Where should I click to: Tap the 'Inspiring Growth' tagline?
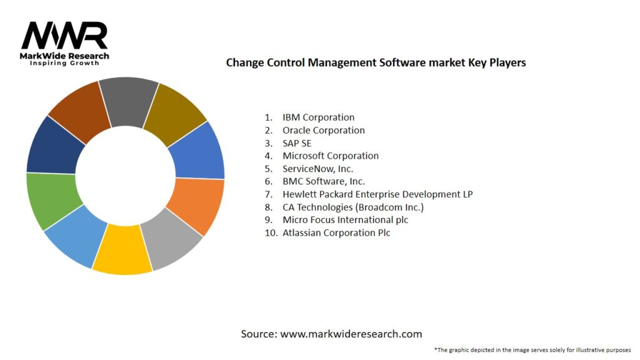[64, 64]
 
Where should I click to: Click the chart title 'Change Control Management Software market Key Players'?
[376, 62]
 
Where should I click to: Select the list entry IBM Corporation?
[318, 117]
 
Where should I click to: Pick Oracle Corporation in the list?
[323, 130]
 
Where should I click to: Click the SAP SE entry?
[297, 143]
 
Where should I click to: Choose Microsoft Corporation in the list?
[330, 156]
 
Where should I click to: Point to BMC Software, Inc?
[323, 181]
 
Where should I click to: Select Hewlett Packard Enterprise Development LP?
[377, 194]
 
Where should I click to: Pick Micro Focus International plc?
[345, 220]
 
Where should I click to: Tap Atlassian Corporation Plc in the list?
[336, 232]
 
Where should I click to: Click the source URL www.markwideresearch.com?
[351, 334]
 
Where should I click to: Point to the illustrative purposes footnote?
[532, 350]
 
